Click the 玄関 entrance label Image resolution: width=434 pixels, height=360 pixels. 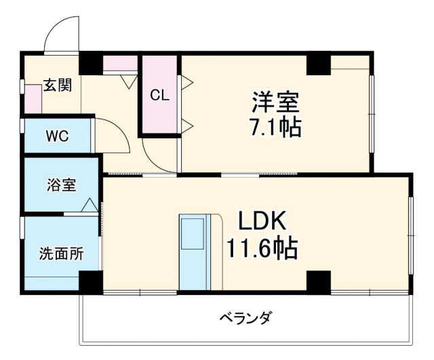point(58,85)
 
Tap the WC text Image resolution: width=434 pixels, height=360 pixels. point(57,136)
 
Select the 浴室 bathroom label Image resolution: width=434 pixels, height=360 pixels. point(61,184)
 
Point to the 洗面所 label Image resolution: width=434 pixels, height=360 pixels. point(61,254)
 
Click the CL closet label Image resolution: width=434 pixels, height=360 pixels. point(159,95)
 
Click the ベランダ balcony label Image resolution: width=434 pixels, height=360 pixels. point(245,317)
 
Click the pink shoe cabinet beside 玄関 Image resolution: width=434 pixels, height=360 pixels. point(33,99)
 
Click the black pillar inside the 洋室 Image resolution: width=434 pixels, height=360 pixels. point(318,64)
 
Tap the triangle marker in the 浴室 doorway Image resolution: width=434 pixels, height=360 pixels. point(90,205)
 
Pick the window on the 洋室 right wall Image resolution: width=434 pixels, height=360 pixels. point(371,112)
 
